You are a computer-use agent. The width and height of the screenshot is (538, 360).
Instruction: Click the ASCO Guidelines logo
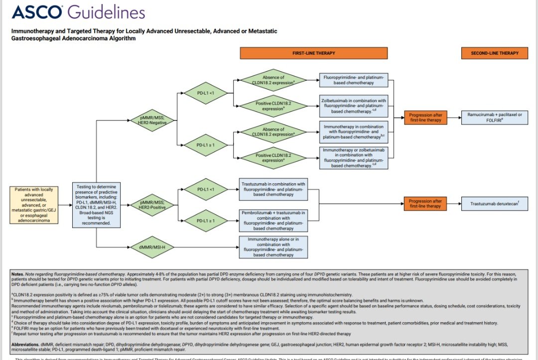point(78,12)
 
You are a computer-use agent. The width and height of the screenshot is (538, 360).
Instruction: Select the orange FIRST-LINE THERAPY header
point(313,53)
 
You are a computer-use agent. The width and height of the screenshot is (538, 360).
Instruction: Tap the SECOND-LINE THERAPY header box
point(495,53)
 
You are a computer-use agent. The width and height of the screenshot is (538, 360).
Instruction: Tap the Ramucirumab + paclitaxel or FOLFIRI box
point(495,118)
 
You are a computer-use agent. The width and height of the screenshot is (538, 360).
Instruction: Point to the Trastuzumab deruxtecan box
point(495,203)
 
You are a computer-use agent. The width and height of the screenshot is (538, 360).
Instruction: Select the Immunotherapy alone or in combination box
point(274,247)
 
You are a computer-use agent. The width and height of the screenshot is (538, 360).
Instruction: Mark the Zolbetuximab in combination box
point(354,106)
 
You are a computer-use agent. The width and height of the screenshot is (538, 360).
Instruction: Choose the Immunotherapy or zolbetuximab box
point(354,158)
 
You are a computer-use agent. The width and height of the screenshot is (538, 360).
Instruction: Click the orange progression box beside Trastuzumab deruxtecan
point(425,203)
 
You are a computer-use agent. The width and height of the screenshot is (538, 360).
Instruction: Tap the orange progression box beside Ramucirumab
point(425,118)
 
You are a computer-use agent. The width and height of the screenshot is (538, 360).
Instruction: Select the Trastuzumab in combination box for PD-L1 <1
point(274,189)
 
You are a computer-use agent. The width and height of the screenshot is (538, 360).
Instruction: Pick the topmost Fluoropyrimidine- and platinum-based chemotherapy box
point(354,80)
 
